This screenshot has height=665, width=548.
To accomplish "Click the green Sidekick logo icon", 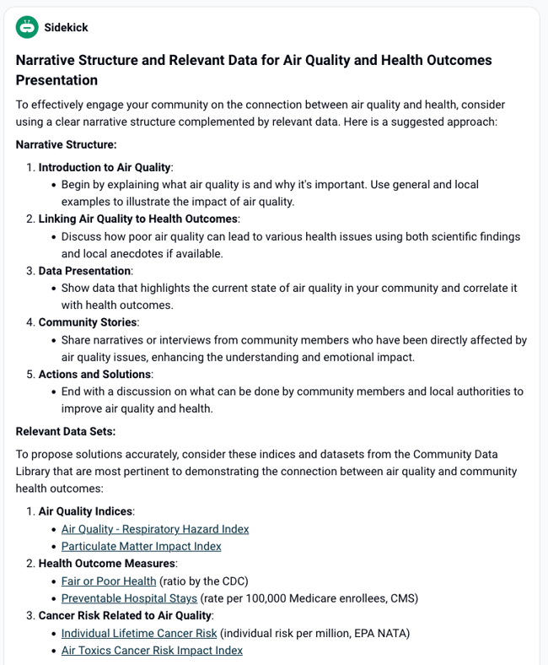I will [x=27, y=27].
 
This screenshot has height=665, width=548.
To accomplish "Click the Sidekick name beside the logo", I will [x=66, y=27].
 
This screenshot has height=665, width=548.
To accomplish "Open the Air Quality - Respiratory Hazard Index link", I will [x=155, y=529].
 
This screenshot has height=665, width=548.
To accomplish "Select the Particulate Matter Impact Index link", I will [x=141, y=546].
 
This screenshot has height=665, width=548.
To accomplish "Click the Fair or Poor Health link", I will [x=109, y=581].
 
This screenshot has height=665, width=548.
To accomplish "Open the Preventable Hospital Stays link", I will [x=129, y=598].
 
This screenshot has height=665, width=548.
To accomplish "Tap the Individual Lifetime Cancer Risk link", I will [x=139, y=633].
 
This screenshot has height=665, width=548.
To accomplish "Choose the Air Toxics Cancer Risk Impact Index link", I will [x=152, y=650].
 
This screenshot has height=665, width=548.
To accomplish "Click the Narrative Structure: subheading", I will [x=66, y=144].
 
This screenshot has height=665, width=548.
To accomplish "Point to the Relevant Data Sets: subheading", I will [x=66, y=431].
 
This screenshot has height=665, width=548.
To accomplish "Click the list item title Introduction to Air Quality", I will [x=105, y=167].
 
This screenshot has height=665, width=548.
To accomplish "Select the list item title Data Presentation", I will [x=84, y=271].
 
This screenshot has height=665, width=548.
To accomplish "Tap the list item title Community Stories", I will [x=88, y=322].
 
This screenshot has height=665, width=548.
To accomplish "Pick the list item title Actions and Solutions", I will [x=95, y=374].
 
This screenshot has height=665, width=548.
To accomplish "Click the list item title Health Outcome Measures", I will [x=106, y=563].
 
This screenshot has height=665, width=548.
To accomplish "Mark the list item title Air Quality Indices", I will [x=85, y=511].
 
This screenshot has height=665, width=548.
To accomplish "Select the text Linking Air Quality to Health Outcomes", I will [x=137, y=219].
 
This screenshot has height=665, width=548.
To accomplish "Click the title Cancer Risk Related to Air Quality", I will [x=126, y=615].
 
